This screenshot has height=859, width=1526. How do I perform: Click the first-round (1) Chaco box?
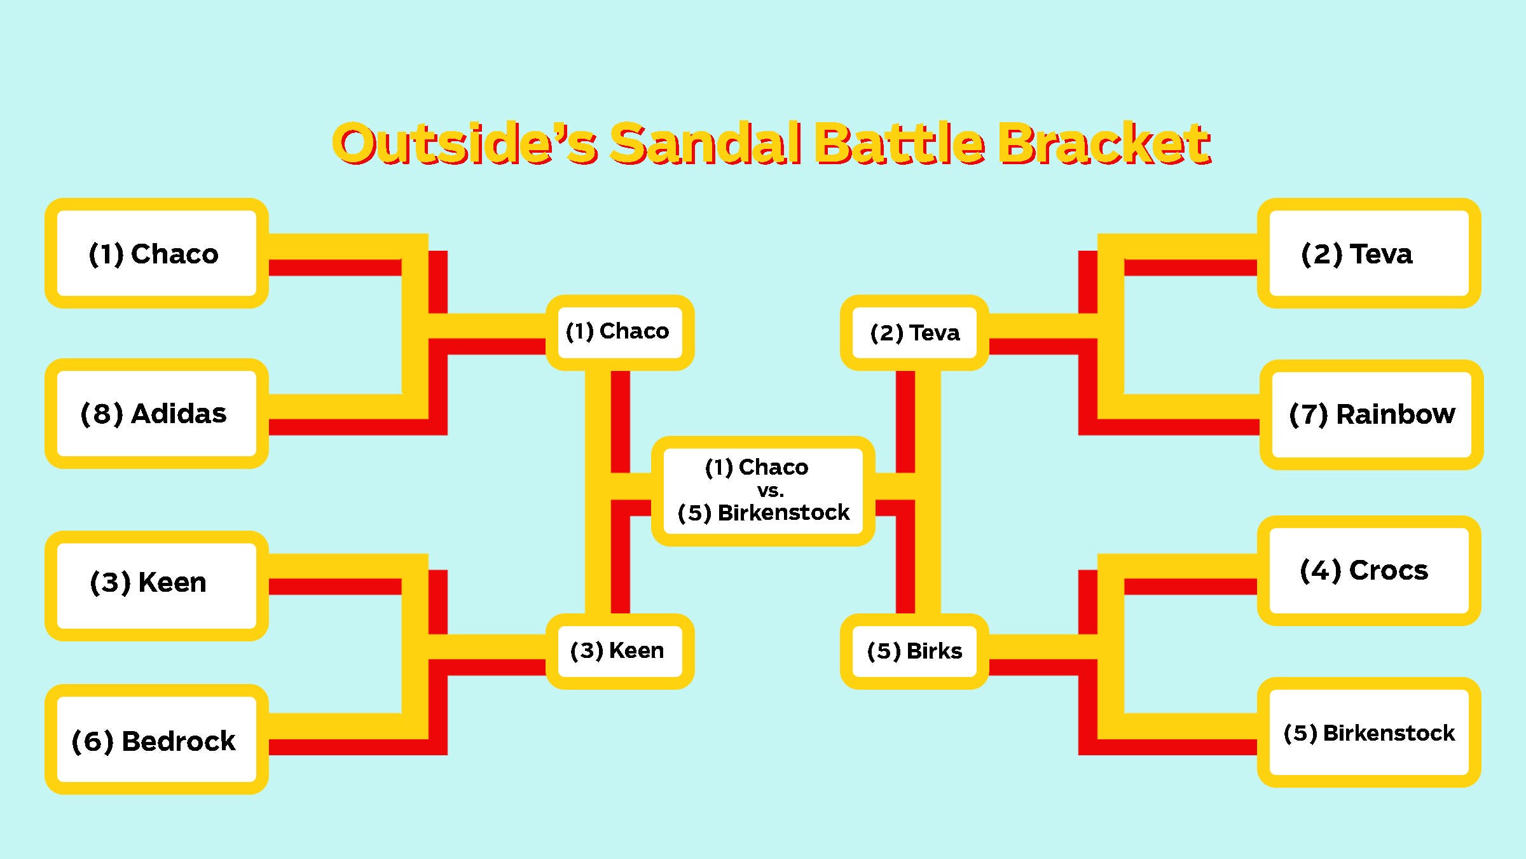pyautogui.click(x=156, y=253)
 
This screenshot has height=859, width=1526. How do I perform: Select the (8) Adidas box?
pyautogui.click(x=156, y=414)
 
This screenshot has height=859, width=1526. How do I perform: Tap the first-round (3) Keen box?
pyautogui.click(x=156, y=585)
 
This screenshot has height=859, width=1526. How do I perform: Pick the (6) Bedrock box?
pyautogui.click(x=156, y=739)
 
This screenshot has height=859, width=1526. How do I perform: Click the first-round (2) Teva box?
pyautogui.click(x=1369, y=253)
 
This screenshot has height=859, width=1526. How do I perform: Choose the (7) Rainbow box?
pyautogui.click(x=1371, y=415)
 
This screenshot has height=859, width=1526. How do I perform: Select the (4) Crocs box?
pyautogui.click(x=1369, y=571)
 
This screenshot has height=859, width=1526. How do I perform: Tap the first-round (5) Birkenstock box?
pyautogui.click(x=1369, y=732)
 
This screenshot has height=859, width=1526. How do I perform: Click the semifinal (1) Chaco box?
pyautogui.click(x=620, y=332)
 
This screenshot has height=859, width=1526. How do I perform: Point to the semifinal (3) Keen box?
pyautogui.click(x=620, y=652)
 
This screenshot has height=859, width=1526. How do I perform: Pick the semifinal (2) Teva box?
pyautogui.click(x=914, y=332)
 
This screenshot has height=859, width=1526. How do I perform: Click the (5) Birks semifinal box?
pyautogui.click(x=914, y=652)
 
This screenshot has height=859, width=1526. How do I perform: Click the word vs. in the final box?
pyautogui.click(x=770, y=491)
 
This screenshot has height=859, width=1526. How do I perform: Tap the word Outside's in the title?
pyautogui.click(x=465, y=143)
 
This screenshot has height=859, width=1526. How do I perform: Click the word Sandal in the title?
pyautogui.click(x=706, y=143)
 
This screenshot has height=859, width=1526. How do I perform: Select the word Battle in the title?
pyautogui.click(x=900, y=143)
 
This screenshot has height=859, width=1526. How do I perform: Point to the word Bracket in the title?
pyautogui.click(x=1104, y=143)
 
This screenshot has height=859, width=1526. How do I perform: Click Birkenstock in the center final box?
pyautogui.click(x=783, y=512)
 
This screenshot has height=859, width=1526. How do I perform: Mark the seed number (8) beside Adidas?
pyautogui.click(x=102, y=414)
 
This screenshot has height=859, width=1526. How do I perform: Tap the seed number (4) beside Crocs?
pyautogui.click(x=1321, y=571)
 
